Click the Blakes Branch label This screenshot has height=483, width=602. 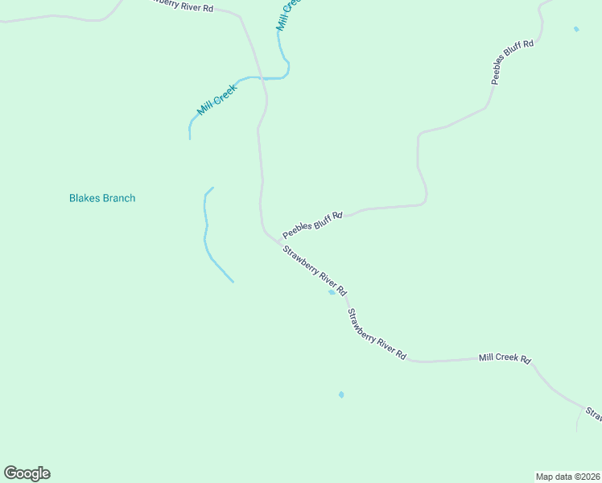pyautogui.click(x=102, y=198)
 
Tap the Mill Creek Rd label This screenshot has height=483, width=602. pyautogui.click(x=505, y=357)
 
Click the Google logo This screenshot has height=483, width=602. pyautogui.click(x=27, y=473)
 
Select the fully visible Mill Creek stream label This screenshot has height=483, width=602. pyautogui.click(x=216, y=98)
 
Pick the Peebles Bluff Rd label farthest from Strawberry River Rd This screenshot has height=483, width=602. pyautogui.click(x=513, y=62)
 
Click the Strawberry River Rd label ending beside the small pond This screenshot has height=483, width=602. pyautogui.click(x=314, y=271)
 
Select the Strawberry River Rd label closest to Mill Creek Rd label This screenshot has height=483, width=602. pyautogui.click(x=377, y=334)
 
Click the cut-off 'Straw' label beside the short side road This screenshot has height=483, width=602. pyautogui.click(x=594, y=414)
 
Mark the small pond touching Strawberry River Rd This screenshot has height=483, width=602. pyautogui.click(x=332, y=292)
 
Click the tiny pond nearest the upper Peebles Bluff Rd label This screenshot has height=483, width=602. pyautogui.click(x=576, y=29)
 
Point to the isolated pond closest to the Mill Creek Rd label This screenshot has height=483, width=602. pyautogui.click(x=341, y=394)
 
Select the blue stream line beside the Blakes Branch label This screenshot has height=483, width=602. pyautogui.click(x=208, y=233)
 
